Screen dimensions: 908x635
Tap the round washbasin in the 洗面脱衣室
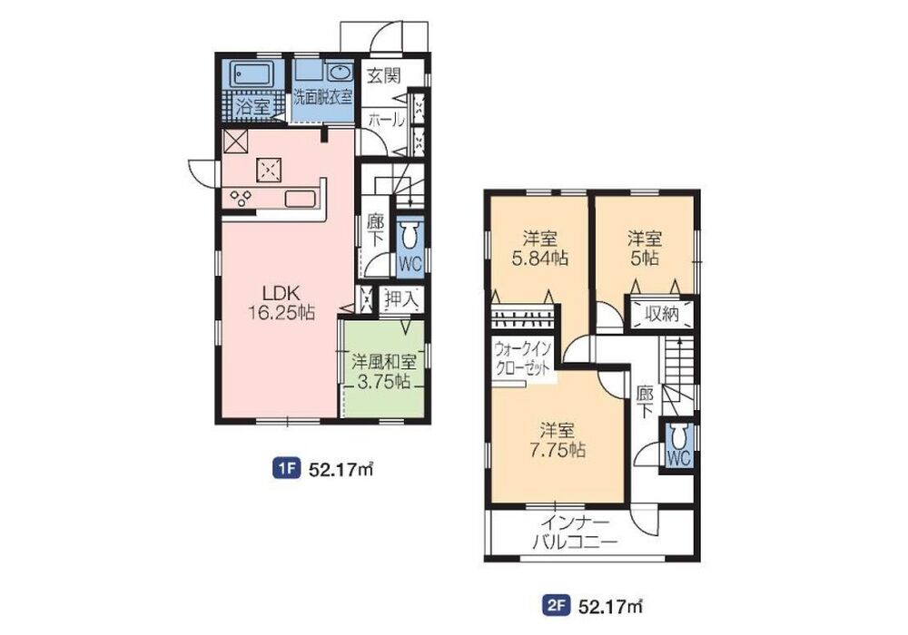(340, 73)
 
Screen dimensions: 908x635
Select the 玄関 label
(384, 75)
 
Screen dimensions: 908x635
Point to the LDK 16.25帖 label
(281, 302)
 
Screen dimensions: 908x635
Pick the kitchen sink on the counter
(301, 199)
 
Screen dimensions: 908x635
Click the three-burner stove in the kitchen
(241, 198)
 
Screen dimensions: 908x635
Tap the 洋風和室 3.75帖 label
(384, 371)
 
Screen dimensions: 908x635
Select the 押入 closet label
(401, 299)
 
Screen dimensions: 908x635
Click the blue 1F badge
(286, 468)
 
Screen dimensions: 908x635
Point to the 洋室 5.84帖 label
(539, 248)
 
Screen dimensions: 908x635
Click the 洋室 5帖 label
(645, 248)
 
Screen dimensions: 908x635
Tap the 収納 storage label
(662, 314)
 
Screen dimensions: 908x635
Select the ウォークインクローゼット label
(522, 359)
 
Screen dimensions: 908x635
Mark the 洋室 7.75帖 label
(557, 440)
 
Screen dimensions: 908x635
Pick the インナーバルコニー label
(575, 532)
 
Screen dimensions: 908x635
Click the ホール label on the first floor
(386, 120)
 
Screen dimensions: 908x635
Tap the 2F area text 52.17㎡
(610, 606)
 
